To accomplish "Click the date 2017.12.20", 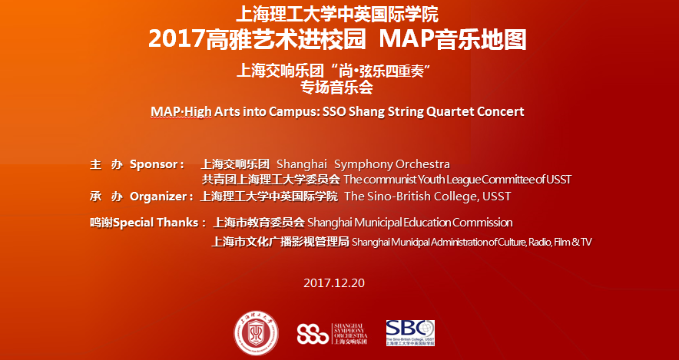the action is tap(334, 283).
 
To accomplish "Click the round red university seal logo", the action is tap(256, 333).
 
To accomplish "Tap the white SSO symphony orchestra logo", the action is tap(332, 334).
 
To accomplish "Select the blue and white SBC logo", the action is tap(410, 332).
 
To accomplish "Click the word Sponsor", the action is tap(154, 165).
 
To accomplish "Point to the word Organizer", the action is tap(158, 197).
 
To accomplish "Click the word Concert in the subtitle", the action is tap(501, 111).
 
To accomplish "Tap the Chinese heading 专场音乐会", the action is tap(337, 88).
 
